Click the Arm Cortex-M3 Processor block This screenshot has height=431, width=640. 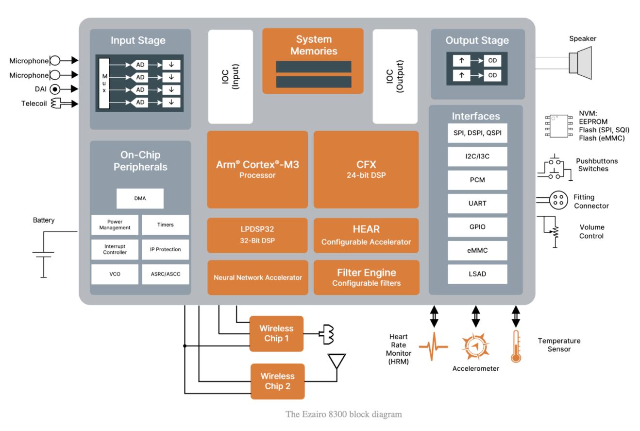[257, 169]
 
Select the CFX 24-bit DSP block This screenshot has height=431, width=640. [366, 169]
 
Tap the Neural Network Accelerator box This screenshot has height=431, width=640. [258, 277]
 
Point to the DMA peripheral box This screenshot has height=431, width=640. [140, 198]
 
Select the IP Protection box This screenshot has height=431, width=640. [165, 249]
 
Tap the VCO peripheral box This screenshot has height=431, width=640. [115, 274]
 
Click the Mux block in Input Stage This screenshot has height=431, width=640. [103, 83]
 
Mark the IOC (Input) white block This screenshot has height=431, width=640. [230, 76]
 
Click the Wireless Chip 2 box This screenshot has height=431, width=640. [277, 381]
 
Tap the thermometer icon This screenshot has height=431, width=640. [516, 346]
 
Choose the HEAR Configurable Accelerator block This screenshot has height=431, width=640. [366, 235]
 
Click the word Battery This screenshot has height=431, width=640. [44, 220]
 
